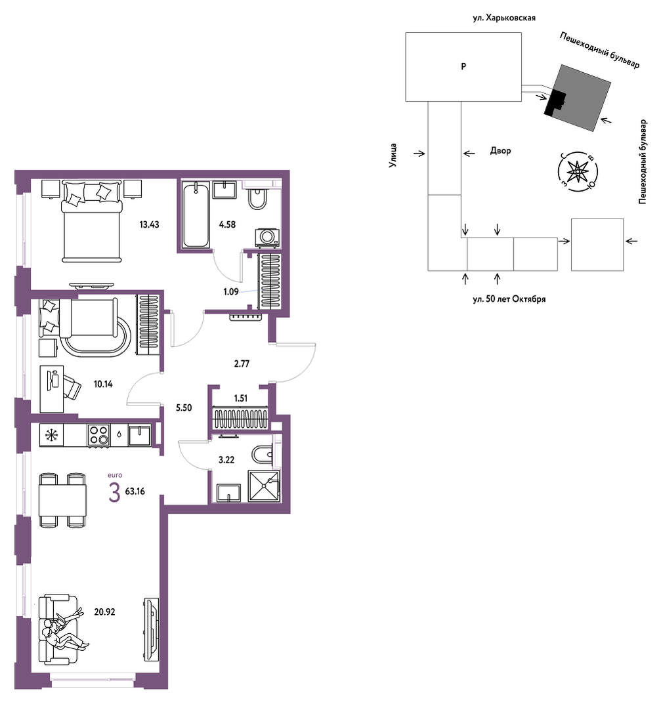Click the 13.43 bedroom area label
click(149, 224)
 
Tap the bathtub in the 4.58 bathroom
click(196, 215)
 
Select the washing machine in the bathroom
click(267, 238)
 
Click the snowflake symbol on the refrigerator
click(51, 435)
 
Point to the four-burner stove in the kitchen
click(98, 435)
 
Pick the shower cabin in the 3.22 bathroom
click(264, 486)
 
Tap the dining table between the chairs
click(62, 500)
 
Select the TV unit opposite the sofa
click(152, 629)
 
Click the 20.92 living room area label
click(104, 612)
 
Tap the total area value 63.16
click(135, 491)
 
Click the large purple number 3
click(114, 492)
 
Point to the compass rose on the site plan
click(578, 171)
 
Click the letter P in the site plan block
click(463, 66)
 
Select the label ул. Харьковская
click(503, 18)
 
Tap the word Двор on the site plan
click(501, 150)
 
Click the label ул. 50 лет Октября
click(509, 299)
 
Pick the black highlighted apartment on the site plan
click(555, 104)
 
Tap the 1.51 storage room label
click(241, 398)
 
